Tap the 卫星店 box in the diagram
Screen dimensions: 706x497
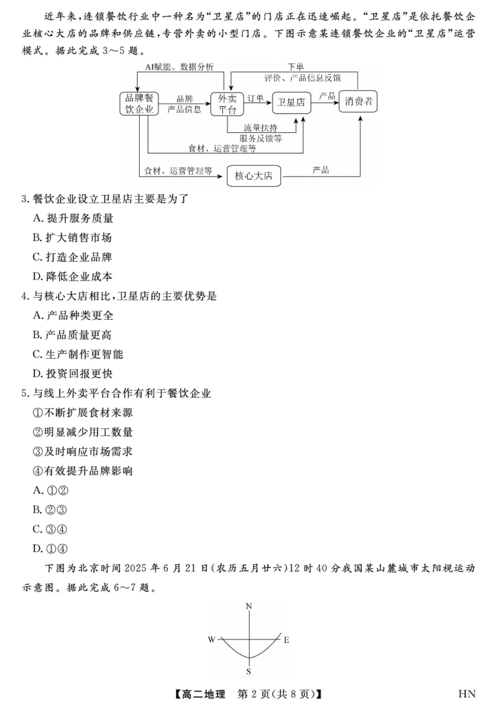click(x=291, y=103)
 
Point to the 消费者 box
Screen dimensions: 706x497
click(x=359, y=102)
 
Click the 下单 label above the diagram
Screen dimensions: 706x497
click(x=296, y=66)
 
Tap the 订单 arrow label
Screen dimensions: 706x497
click(x=255, y=98)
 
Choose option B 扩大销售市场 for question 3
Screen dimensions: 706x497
click(x=72, y=237)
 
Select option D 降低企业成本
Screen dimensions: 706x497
click(x=72, y=276)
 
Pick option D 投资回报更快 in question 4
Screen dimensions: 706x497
click(x=72, y=374)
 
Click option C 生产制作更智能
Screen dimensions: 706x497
click(x=78, y=355)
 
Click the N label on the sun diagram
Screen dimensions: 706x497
click(x=248, y=605)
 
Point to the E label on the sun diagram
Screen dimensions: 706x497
click(x=286, y=639)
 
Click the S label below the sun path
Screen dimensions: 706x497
click(x=248, y=671)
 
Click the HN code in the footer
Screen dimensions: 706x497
click(x=467, y=693)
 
